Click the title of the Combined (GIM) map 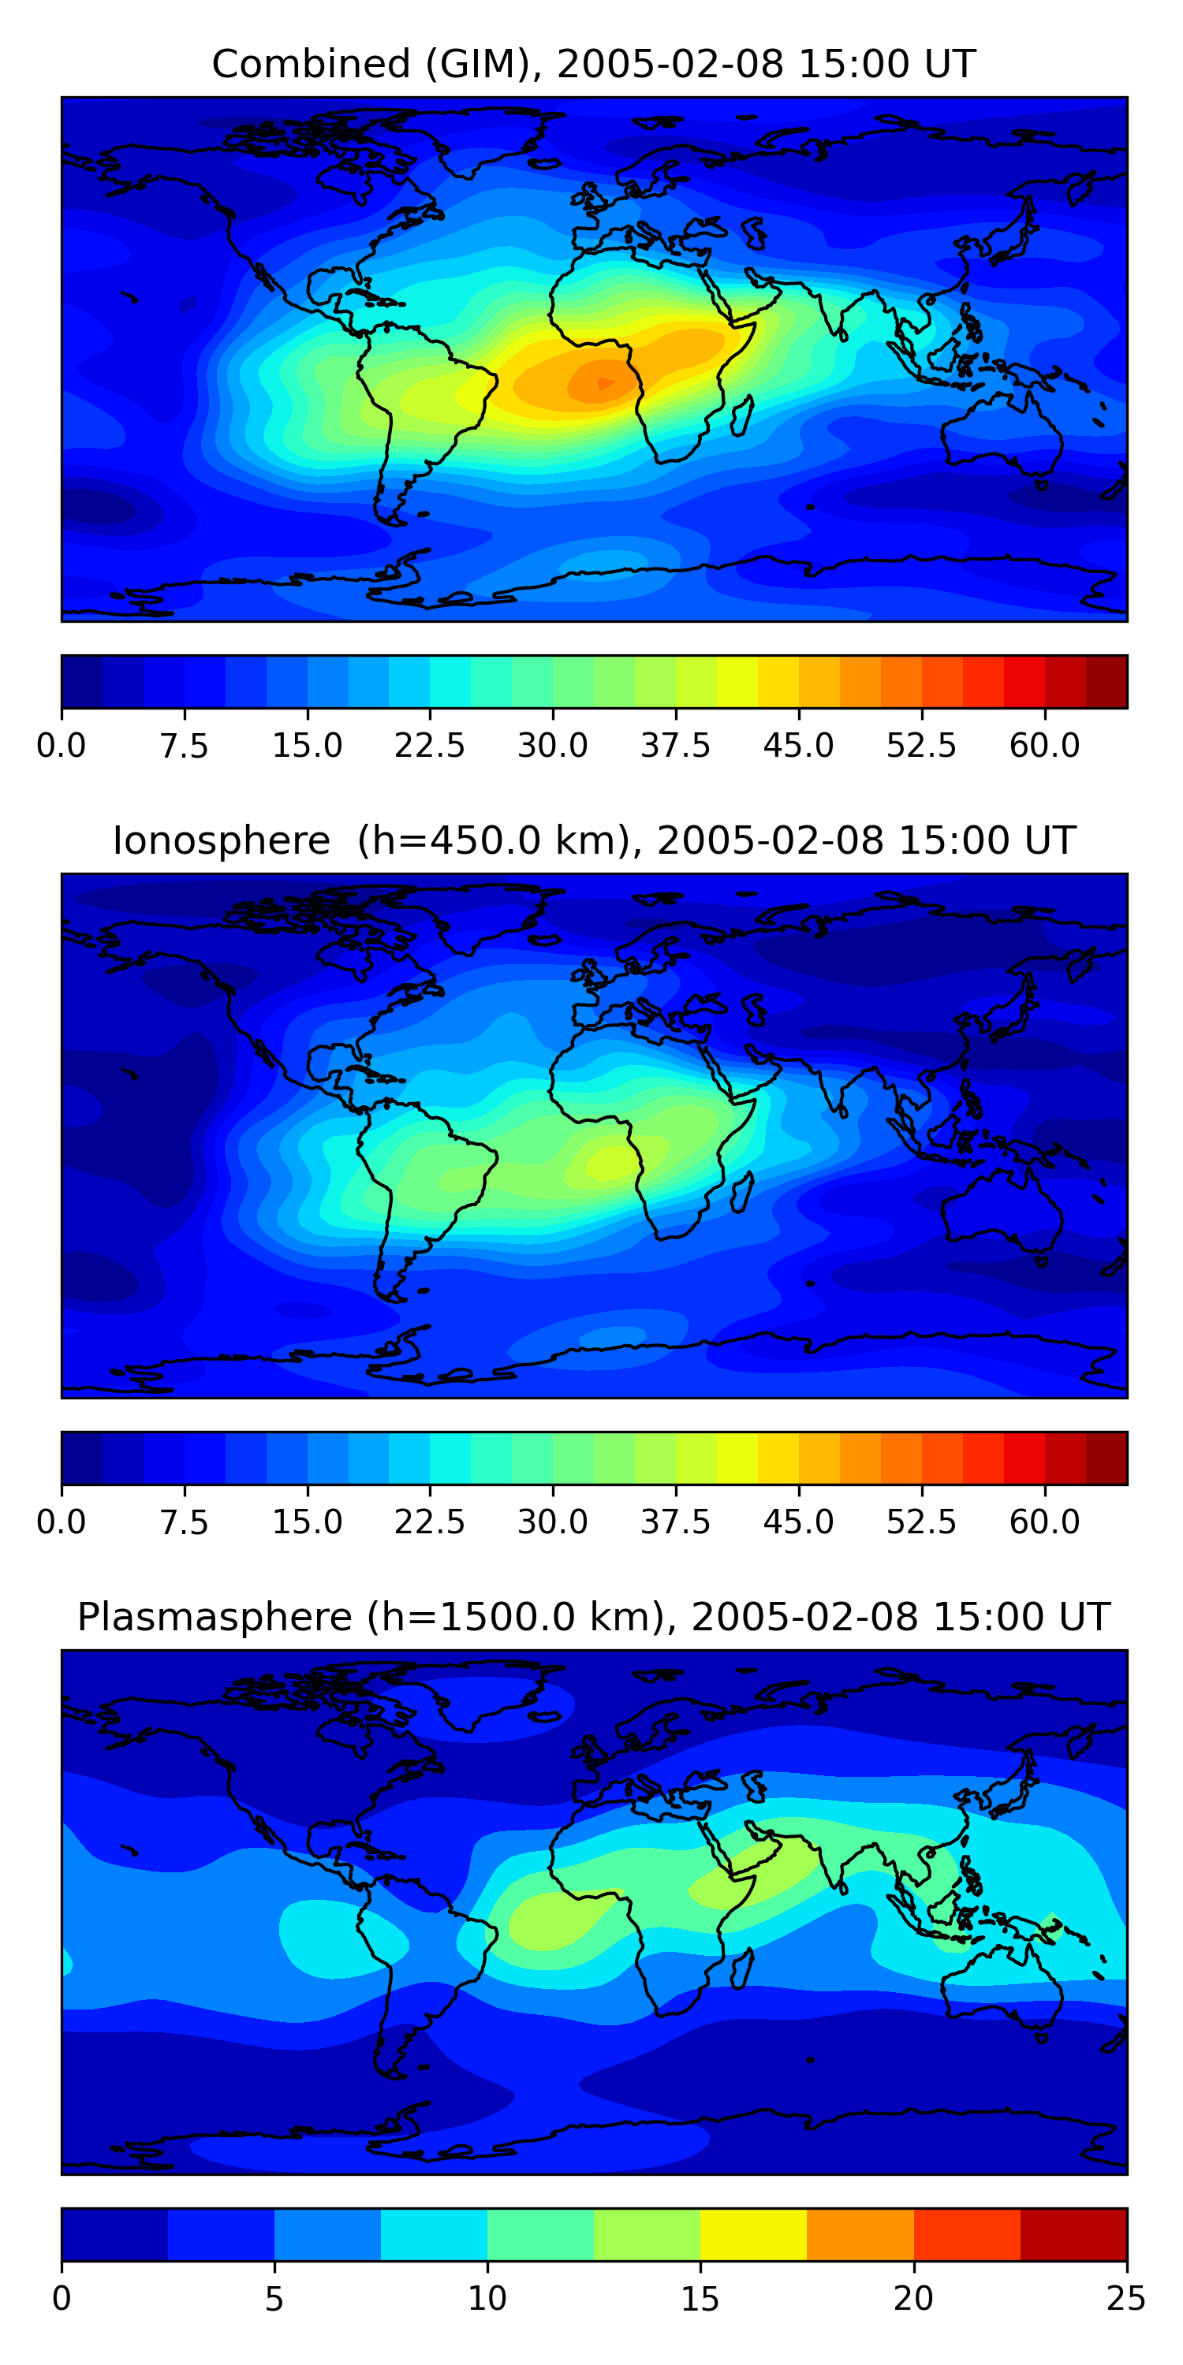(x=593, y=65)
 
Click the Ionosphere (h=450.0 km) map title (x=593, y=841)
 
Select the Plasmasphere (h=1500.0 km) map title (x=593, y=1617)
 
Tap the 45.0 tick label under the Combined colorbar (x=798, y=746)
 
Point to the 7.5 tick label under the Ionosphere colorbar (x=184, y=1522)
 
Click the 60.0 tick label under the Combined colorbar (x=1044, y=746)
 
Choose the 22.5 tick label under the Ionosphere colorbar (x=430, y=1522)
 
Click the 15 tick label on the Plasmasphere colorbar (x=700, y=2298)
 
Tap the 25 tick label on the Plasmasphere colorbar (x=1125, y=2298)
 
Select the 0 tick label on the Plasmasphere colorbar (x=62, y=2298)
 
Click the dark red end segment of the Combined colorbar (x=1106, y=681)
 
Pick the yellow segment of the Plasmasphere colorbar (x=753, y=2233)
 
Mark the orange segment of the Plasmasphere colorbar (x=860, y=2233)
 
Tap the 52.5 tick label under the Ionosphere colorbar (x=921, y=1522)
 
